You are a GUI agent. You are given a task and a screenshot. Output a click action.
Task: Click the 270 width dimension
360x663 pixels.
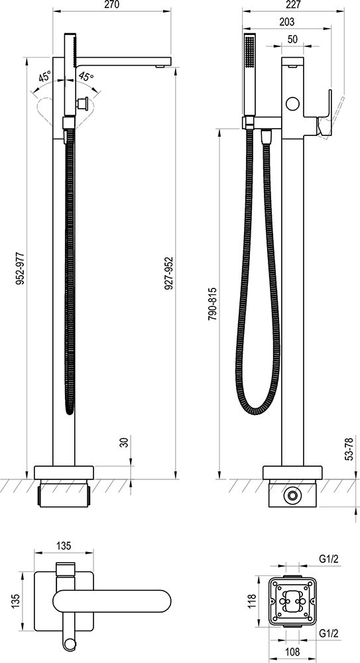[111, 5]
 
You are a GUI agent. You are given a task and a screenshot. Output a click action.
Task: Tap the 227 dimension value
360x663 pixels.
[292, 5]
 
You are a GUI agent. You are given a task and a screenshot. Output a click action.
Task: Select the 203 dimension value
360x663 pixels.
[287, 22]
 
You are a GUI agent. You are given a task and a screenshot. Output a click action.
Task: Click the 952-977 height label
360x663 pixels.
[20, 269]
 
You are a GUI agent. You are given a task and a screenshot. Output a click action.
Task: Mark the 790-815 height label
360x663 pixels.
[213, 304]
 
